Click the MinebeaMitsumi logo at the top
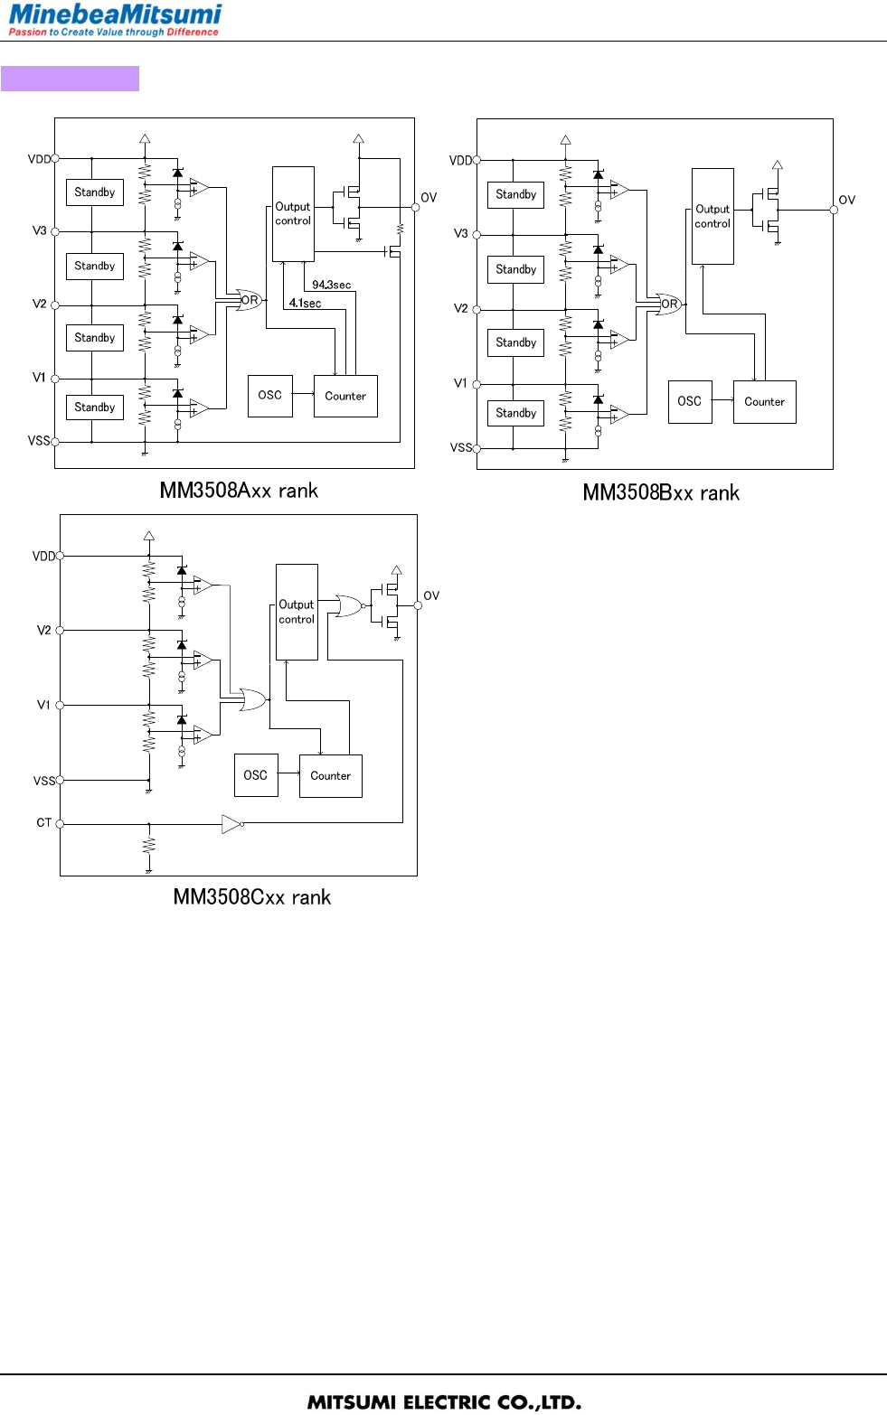click(115, 19)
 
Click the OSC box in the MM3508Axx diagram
click(269, 396)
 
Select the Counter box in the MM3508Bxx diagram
click(764, 402)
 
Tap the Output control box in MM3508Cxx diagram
click(297, 612)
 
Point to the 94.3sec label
click(331, 285)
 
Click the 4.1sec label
click(305, 304)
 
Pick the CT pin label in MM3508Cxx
click(43, 822)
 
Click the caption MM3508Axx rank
click(239, 491)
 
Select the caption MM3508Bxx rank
click(661, 492)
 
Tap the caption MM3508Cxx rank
click(251, 897)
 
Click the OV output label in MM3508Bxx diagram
click(846, 200)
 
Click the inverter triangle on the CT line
click(231, 823)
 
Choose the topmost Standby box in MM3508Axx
click(95, 192)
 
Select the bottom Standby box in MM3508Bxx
click(515, 413)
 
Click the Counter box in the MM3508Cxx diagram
click(330, 776)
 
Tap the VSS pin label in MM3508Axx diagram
click(39, 441)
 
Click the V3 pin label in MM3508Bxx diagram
click(460, 233)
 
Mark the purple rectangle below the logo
click(70, 79)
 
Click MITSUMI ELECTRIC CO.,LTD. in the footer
click(444, 1402)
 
